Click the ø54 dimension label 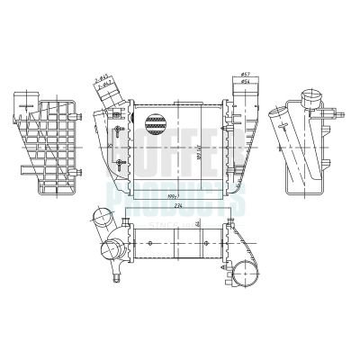[245, 82]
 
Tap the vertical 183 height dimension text [188, 148]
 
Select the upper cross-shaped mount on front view [120, 135]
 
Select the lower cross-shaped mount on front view [120, 163]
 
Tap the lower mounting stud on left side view [79, 171]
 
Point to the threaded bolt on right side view [340, 113]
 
